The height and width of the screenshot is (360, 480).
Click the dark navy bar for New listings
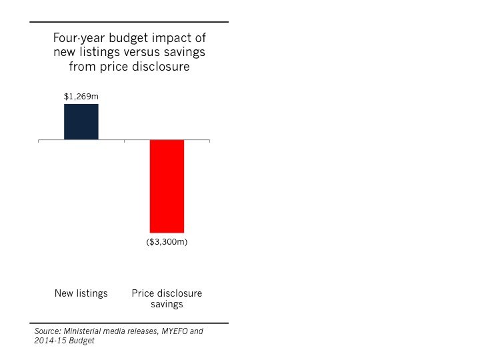(81, 122)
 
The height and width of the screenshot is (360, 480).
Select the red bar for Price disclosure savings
(167, 186)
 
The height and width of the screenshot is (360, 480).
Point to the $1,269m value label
(81, 97)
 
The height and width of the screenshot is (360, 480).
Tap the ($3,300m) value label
(167, 242)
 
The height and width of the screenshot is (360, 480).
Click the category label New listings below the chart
(81, 293)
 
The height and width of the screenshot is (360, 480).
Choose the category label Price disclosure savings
(167, 299)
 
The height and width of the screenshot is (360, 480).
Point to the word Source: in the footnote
(47, 331)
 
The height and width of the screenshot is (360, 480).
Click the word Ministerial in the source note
(83, 331)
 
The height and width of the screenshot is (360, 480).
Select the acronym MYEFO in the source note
(173, 331)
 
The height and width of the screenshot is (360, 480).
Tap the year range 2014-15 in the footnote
(48, 341)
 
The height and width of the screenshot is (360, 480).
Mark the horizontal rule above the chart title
(129, 22)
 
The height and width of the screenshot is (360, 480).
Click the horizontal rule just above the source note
(129, 323)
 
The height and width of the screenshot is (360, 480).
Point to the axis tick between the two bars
(124, 141)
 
